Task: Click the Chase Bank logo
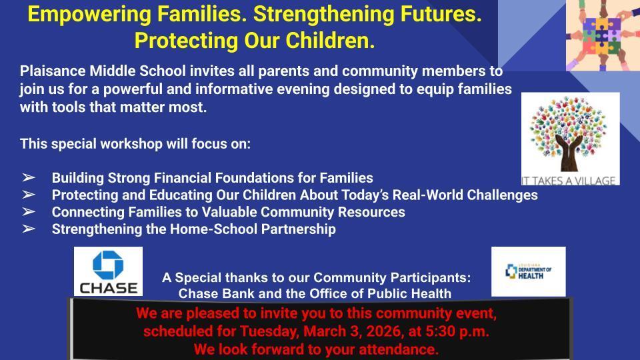pyautogui.click(x=108, y=271)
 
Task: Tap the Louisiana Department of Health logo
pyautogui.click(x=528, y=271)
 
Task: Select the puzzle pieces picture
pyautogui.click(x=603, y=35)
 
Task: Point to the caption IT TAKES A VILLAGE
pyautogui.click(x=568, y=181)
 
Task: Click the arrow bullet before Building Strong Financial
pyautogui.click(x=29, y=177)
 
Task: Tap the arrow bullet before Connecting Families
pyautogui.click(x=29, y=212)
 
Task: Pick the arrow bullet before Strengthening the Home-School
pyautogui.click(x=29, y=229)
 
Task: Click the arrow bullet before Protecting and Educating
pyautogui.click(x=29, y=195)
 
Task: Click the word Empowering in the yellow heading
pyautogui.click(x=89, y=15)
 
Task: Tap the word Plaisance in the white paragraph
pyautogui.click(x=53, y=71)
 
